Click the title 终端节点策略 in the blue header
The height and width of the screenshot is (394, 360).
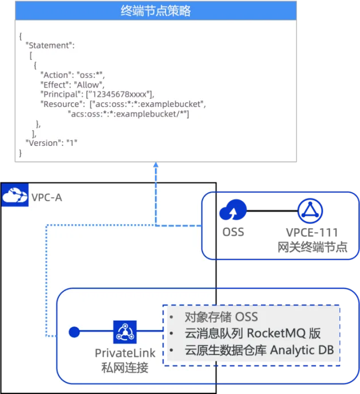pos(156,11)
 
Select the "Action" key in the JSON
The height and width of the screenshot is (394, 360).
pos(56,75)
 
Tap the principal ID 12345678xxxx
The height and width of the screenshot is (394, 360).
pos(119,94)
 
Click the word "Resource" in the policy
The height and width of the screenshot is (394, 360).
pos(61,104)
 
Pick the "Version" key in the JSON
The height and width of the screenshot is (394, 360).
pos(43,143)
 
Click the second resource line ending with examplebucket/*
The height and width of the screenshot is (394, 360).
pos(128,114)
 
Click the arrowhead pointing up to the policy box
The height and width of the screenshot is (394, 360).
pos(156,165)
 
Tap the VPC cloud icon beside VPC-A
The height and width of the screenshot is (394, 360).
pos(14,195)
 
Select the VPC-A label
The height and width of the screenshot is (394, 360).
pos(47,197)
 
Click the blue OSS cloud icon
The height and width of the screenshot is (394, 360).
pos(233,210)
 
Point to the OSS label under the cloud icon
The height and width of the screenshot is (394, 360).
pos(233,232)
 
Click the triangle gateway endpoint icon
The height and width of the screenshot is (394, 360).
pos(310,210)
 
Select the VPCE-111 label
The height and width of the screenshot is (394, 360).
pos(312,232)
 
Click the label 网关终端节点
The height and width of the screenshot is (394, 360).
pos(312,247)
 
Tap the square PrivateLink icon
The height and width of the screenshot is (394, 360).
pos(125,332)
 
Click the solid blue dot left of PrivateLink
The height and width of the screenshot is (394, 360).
pos(74,332)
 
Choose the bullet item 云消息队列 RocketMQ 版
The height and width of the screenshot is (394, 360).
pos(252,333)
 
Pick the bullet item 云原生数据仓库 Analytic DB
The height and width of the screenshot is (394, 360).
pos(259,350)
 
